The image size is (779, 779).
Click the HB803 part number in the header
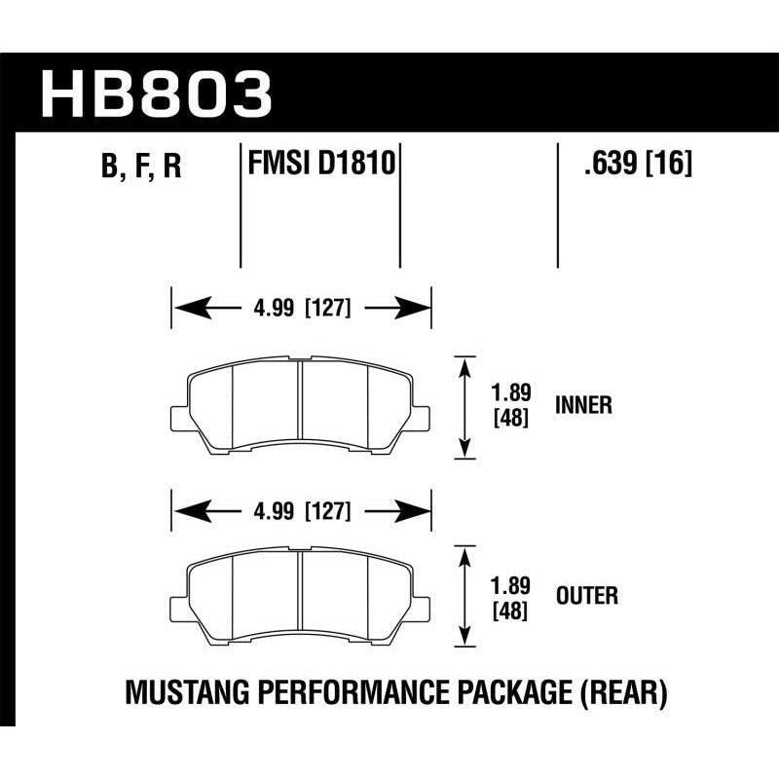point(156,93)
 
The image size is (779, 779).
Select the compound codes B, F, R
point(141,168)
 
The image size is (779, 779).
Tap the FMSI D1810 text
point(320,164)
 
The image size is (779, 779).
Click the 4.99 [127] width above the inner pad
point(301,311)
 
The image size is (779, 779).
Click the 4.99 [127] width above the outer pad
point(301,509)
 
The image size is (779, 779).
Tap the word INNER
point(583,405)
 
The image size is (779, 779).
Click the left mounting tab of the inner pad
point(180,417)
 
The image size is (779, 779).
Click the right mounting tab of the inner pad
point(422,417)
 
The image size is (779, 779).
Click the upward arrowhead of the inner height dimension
point(465,364)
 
